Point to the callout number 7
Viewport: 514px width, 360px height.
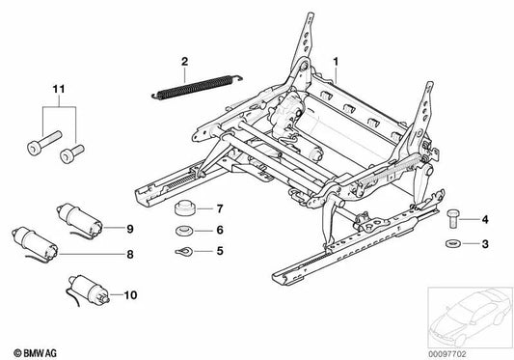[x=220, y=208]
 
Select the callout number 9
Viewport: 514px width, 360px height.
[x=128, y=228]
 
